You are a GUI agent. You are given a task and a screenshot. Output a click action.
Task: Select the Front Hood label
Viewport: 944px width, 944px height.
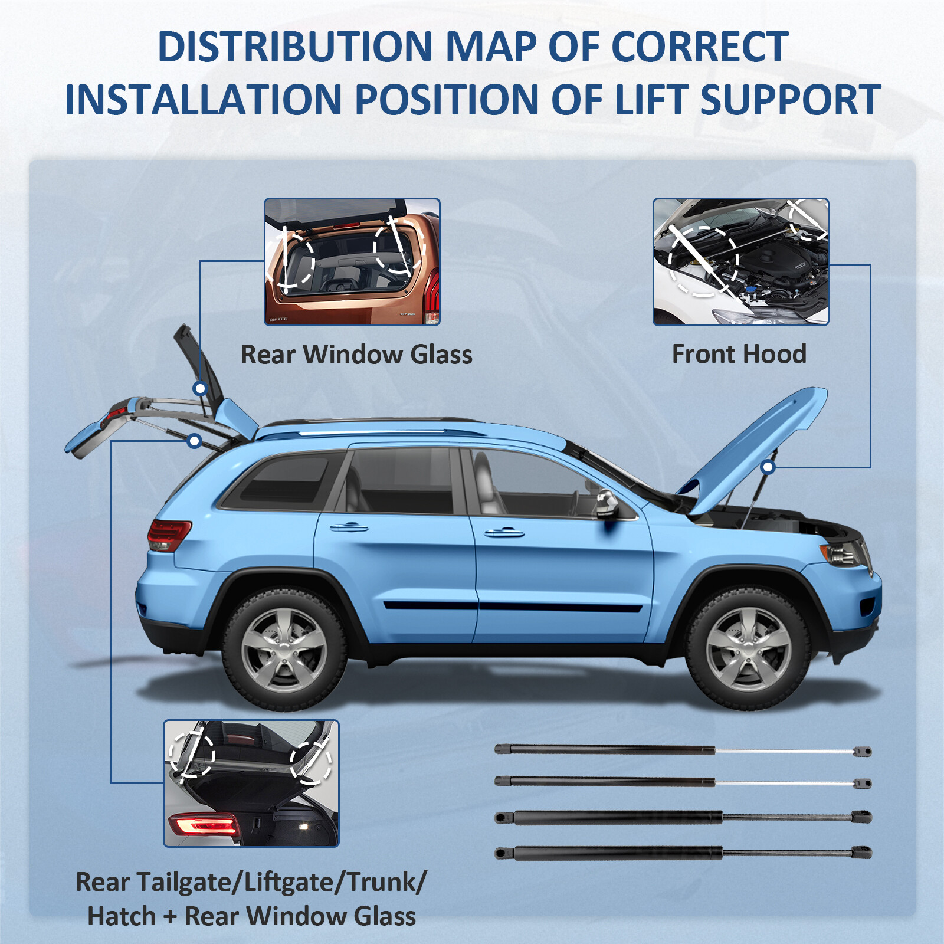(739, 355)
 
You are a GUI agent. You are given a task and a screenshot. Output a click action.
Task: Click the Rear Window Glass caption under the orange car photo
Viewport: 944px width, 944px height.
(356, 355)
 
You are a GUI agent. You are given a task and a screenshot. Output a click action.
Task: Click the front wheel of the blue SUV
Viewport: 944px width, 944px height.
(748, 649)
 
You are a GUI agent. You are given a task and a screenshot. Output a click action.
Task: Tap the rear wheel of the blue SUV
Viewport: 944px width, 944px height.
(284, 649)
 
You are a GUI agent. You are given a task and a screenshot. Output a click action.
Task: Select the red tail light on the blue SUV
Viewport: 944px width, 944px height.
(169, 535)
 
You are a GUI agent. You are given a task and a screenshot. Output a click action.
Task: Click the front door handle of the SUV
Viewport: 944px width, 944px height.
(504, 533)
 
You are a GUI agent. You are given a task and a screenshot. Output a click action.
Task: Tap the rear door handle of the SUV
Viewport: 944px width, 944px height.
(349, 527)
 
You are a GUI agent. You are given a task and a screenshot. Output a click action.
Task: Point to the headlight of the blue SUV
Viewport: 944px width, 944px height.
(843, 553)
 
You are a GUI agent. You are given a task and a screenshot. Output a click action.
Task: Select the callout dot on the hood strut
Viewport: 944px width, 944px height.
(768, 468)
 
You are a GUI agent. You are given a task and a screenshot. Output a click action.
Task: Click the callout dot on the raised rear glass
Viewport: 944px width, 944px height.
(200, 388)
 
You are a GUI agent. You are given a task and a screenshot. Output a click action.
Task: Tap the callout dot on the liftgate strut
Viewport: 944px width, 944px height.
(195, 441)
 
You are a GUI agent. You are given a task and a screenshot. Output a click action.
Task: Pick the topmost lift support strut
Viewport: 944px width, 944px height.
(683, 750)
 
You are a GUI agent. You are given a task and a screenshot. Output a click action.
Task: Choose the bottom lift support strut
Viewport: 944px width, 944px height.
(683, 853)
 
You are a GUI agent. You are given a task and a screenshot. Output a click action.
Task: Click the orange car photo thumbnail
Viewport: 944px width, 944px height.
(352, 262)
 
